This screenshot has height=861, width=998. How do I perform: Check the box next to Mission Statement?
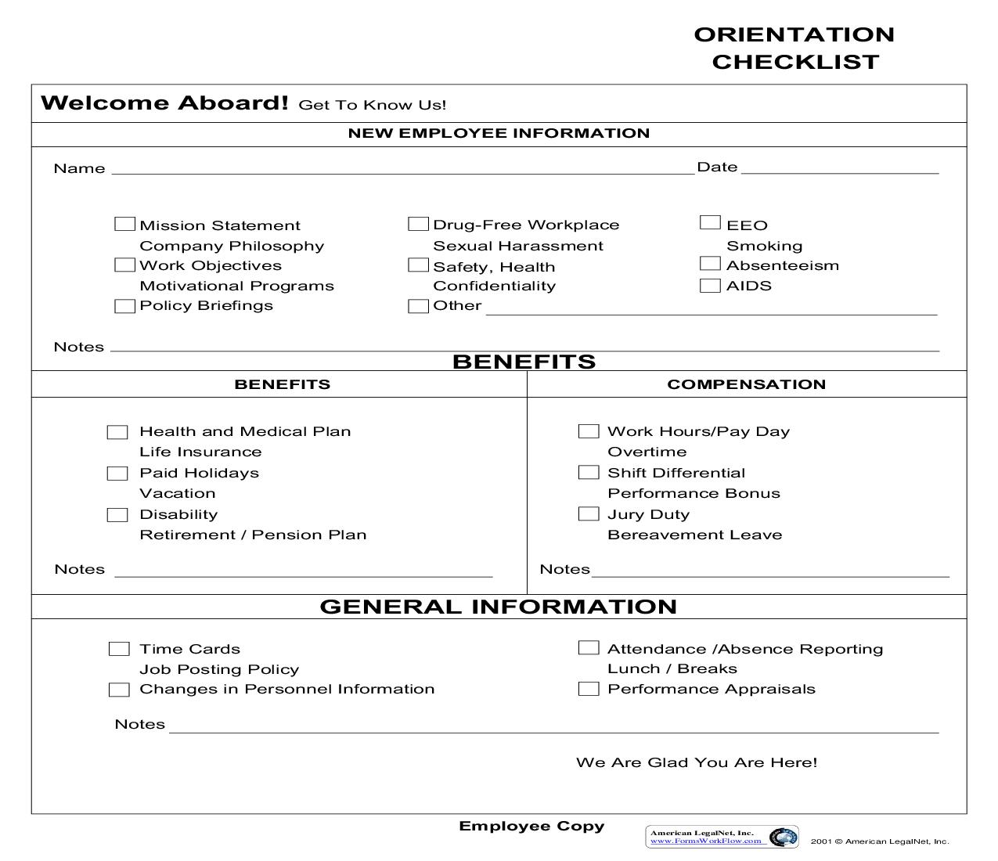pos(124,225)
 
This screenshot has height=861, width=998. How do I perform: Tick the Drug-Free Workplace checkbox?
pos(418,225)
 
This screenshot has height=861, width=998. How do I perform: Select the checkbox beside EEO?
pos(710,223)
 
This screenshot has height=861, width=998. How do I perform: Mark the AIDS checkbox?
pos(710,286)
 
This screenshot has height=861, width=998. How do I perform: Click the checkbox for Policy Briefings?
pos(124,306)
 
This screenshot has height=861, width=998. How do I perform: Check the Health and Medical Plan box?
pos(117,432)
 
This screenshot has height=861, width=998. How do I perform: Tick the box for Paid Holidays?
pos(117,474)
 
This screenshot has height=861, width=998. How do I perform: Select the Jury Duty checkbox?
pos(589,514)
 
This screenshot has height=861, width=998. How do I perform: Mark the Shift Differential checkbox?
pos(589,473)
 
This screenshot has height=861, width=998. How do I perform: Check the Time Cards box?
pos(119,649)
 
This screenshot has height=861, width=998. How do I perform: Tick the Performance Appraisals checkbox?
pos(589,689)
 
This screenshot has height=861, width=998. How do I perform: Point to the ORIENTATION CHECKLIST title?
pos(794,48)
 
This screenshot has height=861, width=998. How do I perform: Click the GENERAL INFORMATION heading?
pos(499,607)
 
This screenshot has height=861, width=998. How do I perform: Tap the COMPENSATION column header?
pos(746,384)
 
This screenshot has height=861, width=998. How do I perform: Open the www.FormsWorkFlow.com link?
pos(706,841)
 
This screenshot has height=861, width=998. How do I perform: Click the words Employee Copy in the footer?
pos(531,827)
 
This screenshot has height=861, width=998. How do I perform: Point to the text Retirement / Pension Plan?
pos(253,535)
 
